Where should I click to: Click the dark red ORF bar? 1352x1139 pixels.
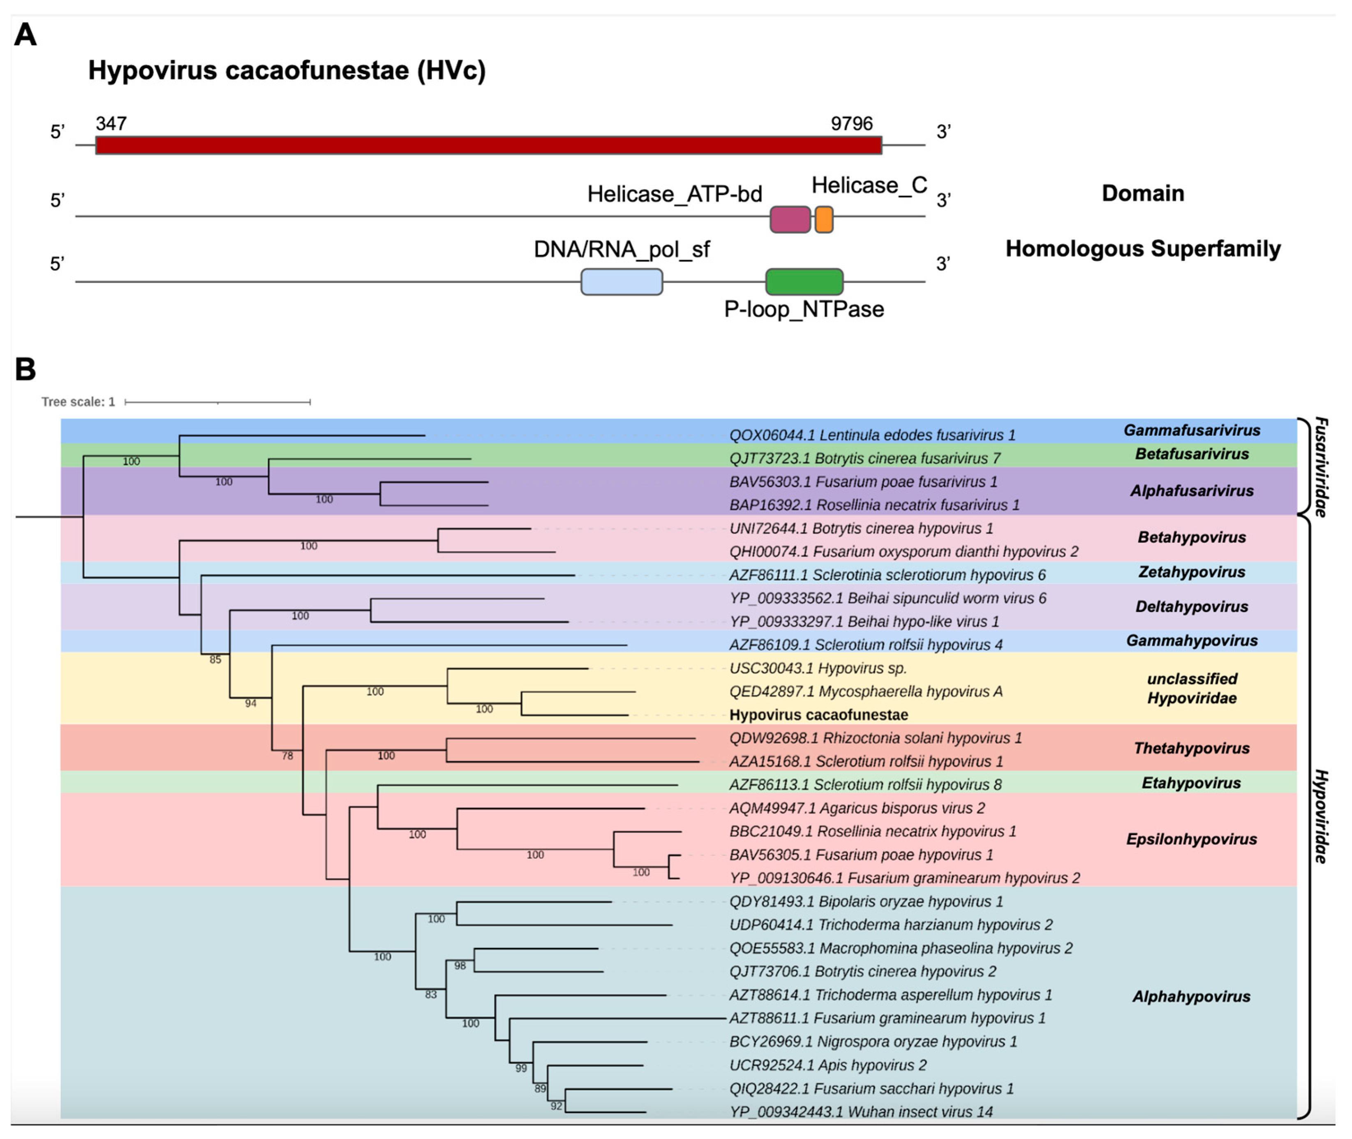[488, 145]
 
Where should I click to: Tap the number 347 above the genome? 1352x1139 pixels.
[111, 123]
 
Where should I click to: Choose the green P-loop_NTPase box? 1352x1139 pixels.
[804, 281]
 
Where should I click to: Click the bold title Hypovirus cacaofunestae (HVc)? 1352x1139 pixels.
[287, 70]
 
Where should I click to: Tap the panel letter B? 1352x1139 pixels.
[25, 369]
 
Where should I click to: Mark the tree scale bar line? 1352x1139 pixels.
[217, 402]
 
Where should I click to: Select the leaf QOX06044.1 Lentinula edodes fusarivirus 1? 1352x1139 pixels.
[872, 435]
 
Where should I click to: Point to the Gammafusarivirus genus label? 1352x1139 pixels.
[1191, 430]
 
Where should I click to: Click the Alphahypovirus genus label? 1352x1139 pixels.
[1191, 996]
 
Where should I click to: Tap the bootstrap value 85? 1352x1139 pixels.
[215, 660]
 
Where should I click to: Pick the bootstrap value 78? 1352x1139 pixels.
[287, 756]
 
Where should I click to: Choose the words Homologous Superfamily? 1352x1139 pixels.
[1142, 248]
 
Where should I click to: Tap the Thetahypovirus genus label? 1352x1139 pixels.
[1191, 748]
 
